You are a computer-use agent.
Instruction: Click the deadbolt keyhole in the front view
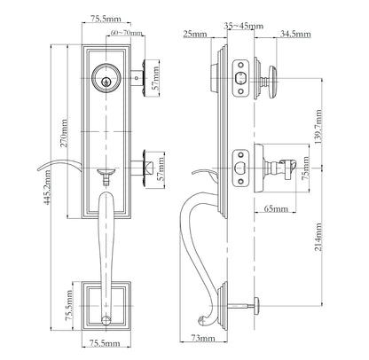pyautogui.click(x=107, y=80)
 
